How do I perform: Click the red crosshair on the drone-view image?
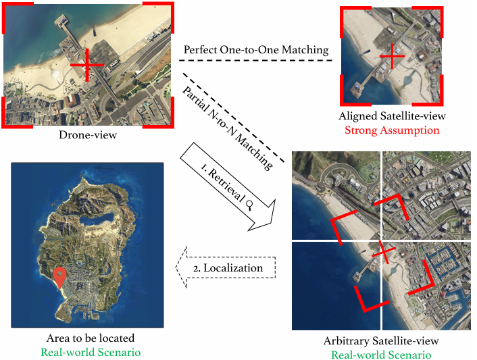87,66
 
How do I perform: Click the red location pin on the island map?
59,277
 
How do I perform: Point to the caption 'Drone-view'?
88,136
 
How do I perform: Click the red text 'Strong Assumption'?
392,130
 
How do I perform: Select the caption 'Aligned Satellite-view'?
392,116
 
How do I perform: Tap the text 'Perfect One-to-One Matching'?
256,49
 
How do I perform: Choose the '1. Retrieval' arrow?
230,184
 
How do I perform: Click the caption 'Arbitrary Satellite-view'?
382,340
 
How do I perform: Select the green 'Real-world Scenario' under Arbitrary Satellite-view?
382,355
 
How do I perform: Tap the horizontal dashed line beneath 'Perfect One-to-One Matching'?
257,61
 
